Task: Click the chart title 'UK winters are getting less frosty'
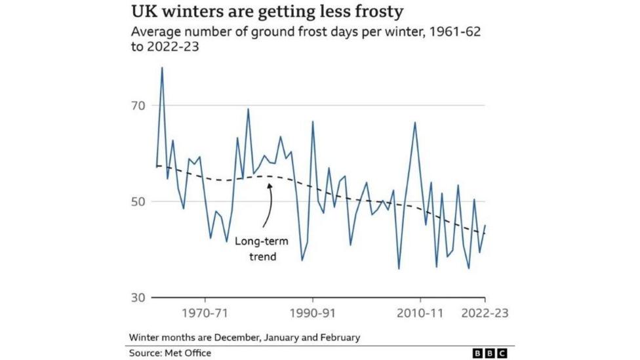point(266,12)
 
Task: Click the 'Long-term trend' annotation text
point(261,249)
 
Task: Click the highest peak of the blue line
point(162,68)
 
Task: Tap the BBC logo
point(490,353)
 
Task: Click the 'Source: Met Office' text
point(170,353)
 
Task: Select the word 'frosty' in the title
point(376,12)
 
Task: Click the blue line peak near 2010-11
point(414,123)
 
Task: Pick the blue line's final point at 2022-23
point(485,225)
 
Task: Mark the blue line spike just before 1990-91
point(312,121)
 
